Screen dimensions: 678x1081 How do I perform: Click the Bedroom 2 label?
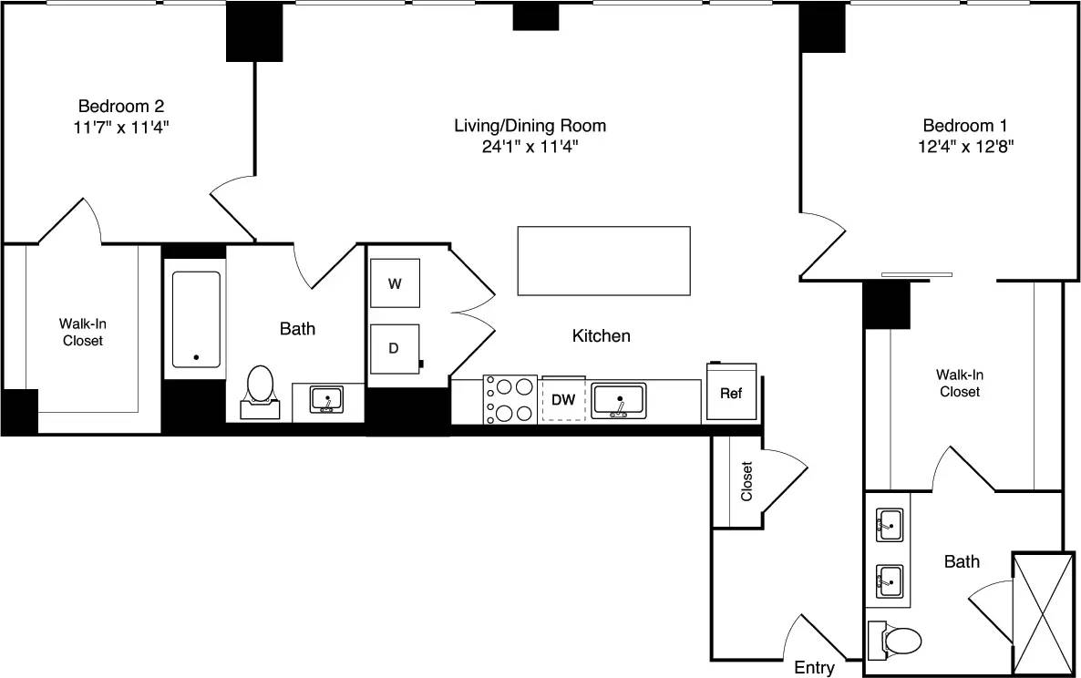pos(121,106)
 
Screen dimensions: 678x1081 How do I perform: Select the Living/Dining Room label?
pos(530,125)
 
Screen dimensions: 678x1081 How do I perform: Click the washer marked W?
pos(395,283)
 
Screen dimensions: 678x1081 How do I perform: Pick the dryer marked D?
pos(395,349)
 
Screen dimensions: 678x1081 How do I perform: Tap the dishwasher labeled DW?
pos(563,400)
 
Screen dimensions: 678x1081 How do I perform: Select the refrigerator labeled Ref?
pos(731,393)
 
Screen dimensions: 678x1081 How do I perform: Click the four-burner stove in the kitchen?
pos(510,400)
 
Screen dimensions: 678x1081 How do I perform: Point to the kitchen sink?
pos(619,400)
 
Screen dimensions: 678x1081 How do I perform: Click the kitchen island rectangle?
pos(603,261)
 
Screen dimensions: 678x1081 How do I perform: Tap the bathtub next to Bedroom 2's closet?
pos(196,319)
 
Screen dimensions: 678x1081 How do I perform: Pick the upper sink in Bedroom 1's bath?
pos(889,525)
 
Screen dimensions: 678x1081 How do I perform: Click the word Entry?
pos(814,668)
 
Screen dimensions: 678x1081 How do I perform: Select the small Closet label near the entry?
pos(746,481)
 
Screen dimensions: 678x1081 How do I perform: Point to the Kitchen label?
pos(601,336)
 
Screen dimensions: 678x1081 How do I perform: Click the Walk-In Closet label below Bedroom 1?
pos(960,383)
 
